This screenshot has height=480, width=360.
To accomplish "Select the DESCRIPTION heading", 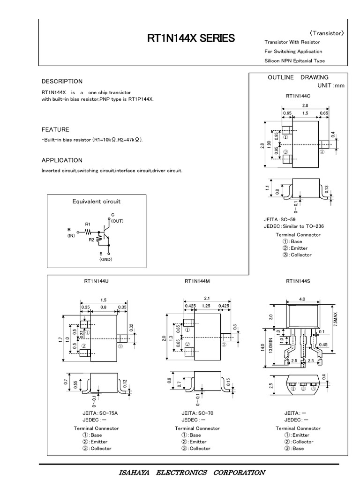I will pos(62,81).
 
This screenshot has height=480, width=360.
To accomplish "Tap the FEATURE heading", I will pos(55,129).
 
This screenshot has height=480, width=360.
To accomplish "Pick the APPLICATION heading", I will pos(62,160).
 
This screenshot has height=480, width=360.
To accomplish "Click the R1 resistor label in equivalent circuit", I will pos(88,225).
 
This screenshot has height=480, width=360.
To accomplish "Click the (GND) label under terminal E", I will pos(105,259).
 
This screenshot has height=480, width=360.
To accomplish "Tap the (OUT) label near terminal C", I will pos(117,220).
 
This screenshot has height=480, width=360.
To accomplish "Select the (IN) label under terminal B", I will pos(71,236).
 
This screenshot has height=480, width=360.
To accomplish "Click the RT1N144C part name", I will pos(298,96).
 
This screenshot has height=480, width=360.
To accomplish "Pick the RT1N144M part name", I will pos(197,281).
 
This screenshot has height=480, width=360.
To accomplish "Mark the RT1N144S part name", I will pos(298,281).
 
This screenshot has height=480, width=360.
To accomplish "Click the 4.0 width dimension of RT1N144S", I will pos(302,299).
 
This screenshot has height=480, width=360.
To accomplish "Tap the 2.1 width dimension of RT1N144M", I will pos(207,298).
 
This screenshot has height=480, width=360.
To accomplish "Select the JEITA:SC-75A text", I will pos(100,413).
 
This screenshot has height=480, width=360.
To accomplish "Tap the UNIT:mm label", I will pos(330,86).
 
